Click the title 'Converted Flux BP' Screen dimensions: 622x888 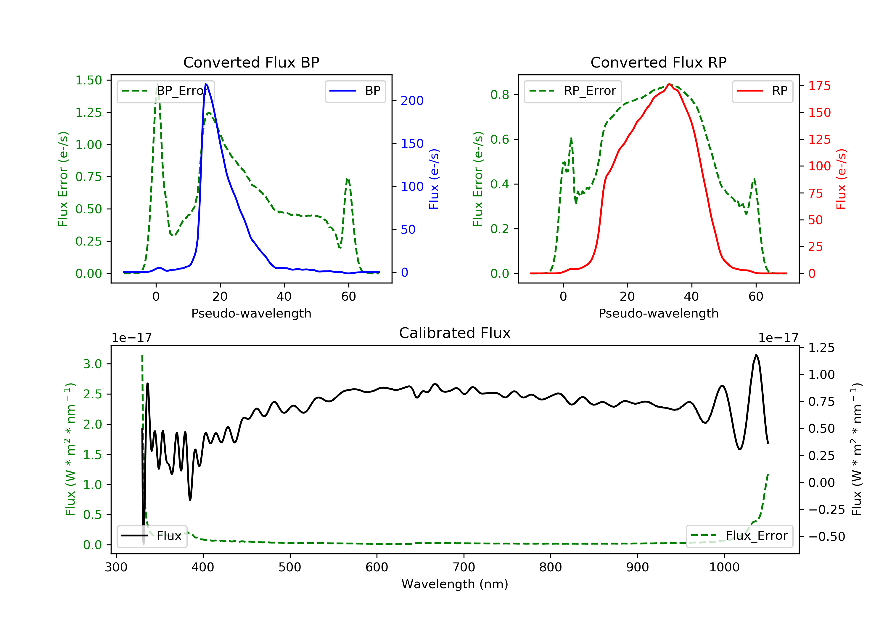(x=251, y=62)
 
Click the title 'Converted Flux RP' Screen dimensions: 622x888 (x=658, y=62)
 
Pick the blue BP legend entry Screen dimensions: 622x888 (x=355, y=91)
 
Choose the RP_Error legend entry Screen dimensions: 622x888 (x=573, y=91)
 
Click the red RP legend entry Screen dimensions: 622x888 (x=762, y=91)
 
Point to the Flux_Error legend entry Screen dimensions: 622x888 (x=739, y=536)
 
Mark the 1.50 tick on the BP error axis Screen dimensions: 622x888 (x=89, y=81)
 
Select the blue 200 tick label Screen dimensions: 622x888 (x=412, y=101)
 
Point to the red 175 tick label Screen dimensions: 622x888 (x=819, y=86)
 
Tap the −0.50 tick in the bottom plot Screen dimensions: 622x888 (x=826, y=536)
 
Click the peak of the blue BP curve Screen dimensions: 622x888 (x=206, y=84)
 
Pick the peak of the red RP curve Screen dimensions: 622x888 (x=670, y=84)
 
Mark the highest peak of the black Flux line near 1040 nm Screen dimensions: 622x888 (x=756, y=355)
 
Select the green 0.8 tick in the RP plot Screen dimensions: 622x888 (x=499, y=95)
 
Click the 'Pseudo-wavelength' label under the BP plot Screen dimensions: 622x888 (x=251, y=313)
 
